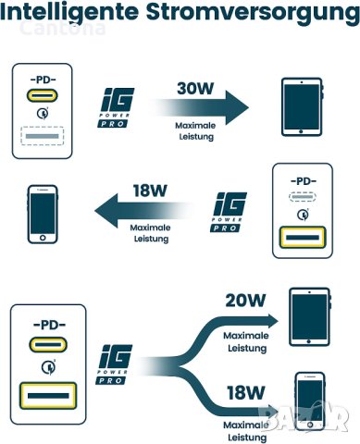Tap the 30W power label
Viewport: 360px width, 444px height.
pyautogui.click(x=197, y=89)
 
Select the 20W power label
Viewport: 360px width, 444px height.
pyautogui.click(x=245, y=300)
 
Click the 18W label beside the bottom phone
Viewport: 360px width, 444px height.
pyautogui.click(x=245, y=391)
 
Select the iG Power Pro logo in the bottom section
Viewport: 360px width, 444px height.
pyautogui.click(x=118, y=362)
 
